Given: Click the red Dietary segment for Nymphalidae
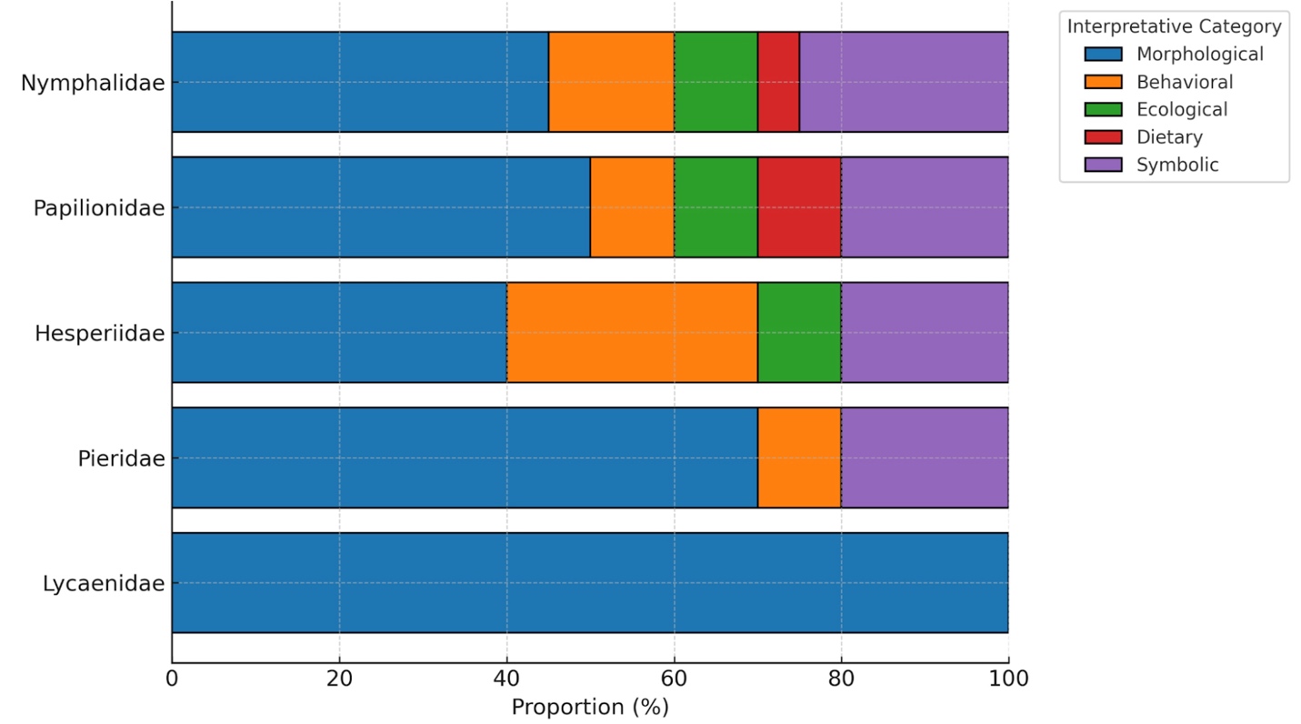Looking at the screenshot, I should (778, 82).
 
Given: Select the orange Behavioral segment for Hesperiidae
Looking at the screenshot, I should (632, 332).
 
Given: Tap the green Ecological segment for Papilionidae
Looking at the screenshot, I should (716, 207).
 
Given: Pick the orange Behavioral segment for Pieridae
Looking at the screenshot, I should (799, 458).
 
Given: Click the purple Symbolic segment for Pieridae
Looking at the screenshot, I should (925, 458).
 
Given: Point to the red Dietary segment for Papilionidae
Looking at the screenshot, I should (799, 207).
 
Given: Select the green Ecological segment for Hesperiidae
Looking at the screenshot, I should (799, 332).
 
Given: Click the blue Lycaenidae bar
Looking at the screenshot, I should (590, 582).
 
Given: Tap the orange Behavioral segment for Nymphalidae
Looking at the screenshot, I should (611, 82).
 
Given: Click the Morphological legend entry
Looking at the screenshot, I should (1199, 55).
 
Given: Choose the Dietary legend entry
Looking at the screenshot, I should (1169, 137).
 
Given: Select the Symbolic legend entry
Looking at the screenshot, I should (1177, 165).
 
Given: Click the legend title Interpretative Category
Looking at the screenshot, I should (1174, 26).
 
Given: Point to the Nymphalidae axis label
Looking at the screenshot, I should (93, 83).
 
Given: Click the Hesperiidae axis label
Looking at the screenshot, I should (100, 333).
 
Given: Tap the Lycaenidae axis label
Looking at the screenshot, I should (104, 583).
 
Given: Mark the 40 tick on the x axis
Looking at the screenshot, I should (506, 679).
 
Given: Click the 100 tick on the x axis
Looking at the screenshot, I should (1008, 679).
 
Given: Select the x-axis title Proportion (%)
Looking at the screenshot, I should (590, 707).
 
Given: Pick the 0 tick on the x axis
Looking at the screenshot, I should (172, 679).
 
